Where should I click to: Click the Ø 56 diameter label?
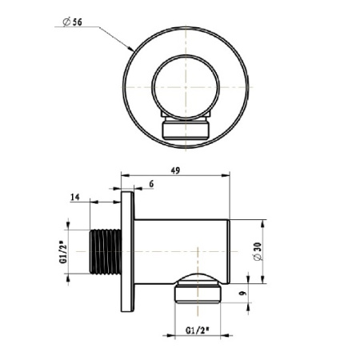(72, 22)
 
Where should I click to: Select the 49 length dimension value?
(175, 170)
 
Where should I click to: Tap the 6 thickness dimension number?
(151, 184)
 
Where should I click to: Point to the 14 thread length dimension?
(75, 198)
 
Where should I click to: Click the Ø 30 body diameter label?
(258, 251)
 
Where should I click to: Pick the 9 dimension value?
(242, 294)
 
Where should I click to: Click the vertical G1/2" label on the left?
(62, 252)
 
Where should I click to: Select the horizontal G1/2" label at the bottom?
(197, 330)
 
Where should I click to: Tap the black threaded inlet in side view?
(105, 251)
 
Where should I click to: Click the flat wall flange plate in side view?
(127, 251)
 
